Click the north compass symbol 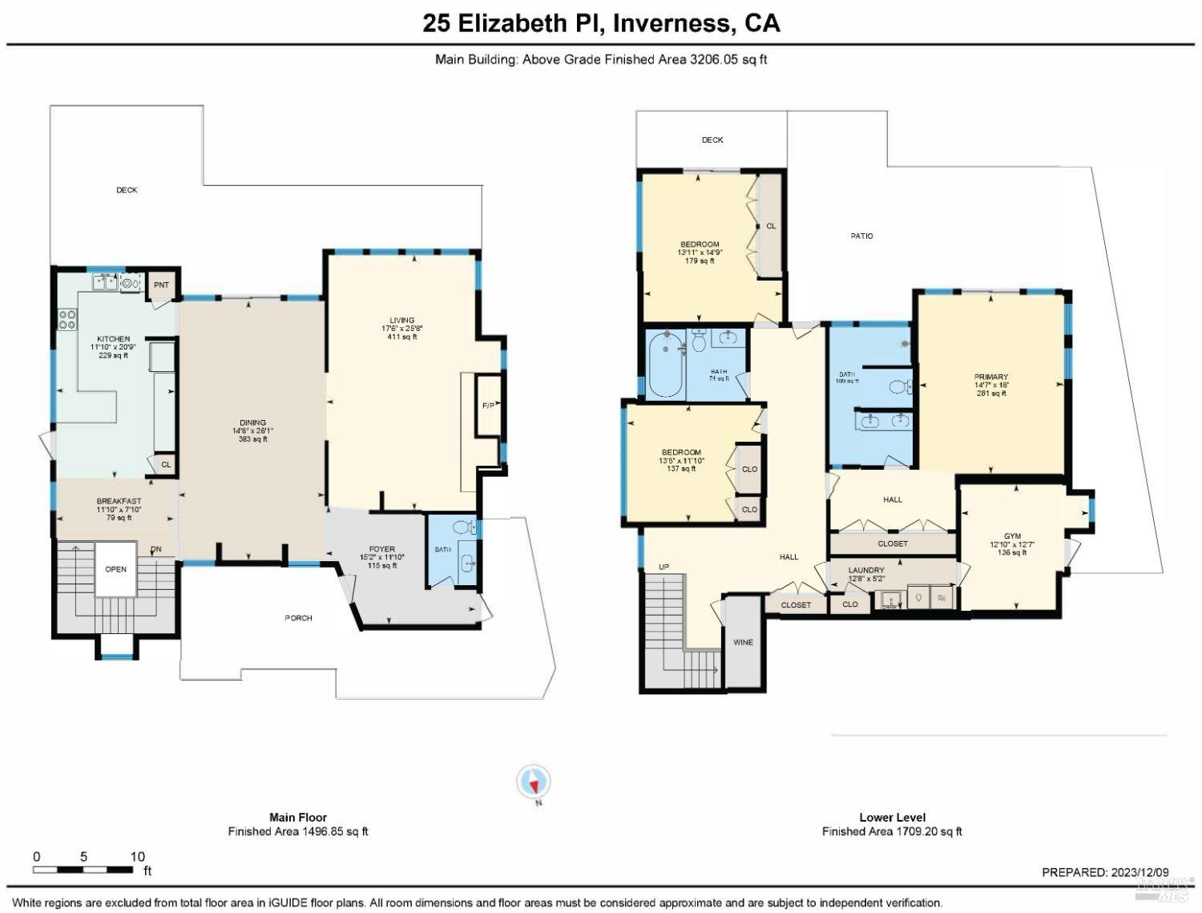click(534, 781)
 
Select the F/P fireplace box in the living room click(487, 406)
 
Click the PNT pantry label click(162, 285)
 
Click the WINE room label click(743, 642)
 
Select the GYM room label click(1012, 536)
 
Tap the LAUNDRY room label click(866, 570)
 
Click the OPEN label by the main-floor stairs click(116, 569)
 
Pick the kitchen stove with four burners click(67, 319)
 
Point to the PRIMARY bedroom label click(990, 377)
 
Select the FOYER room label click(382, 549)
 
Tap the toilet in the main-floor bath click(462, 527)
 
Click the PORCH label click(298, 618)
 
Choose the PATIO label click(861, 236)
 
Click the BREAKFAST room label click(119, 501)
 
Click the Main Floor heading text click(297, 818)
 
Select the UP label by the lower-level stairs click(664, 567)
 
